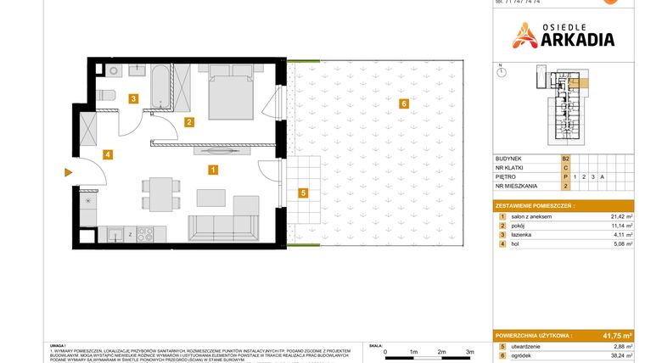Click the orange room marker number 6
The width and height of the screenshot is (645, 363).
[x=404, y=103]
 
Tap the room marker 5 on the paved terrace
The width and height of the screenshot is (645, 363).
[x=303, y=193]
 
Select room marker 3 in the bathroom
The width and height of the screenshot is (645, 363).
[x=133, y=98]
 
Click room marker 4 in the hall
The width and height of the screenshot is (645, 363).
[x=107, y=154]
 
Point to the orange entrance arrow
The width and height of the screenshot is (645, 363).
[x=69, y=173]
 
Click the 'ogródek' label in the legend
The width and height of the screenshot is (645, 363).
[x=521, y=355]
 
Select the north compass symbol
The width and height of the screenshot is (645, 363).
[x=501, y=71]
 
